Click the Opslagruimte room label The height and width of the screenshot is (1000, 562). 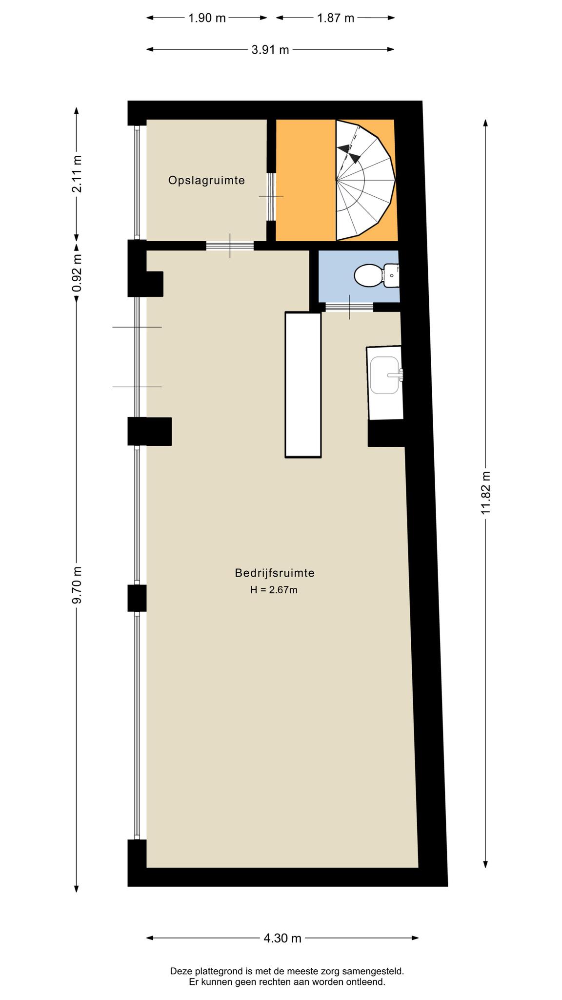206,181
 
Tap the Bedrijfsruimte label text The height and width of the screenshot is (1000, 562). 275,573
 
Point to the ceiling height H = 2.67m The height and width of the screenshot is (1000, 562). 274,590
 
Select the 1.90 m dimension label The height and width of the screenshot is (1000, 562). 207,18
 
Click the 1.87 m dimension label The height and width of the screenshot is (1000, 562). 335,18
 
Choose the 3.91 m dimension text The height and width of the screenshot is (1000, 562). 270,49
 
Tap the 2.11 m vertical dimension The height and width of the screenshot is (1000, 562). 77,173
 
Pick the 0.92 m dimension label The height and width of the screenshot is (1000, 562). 77,273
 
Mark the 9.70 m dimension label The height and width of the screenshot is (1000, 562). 77,584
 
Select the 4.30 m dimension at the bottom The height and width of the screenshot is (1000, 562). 282,938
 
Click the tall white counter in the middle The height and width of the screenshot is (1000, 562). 303,385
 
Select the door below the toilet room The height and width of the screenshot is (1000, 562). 349,307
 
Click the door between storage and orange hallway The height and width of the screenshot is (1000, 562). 271,197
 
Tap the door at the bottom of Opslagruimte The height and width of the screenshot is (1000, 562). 230,246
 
